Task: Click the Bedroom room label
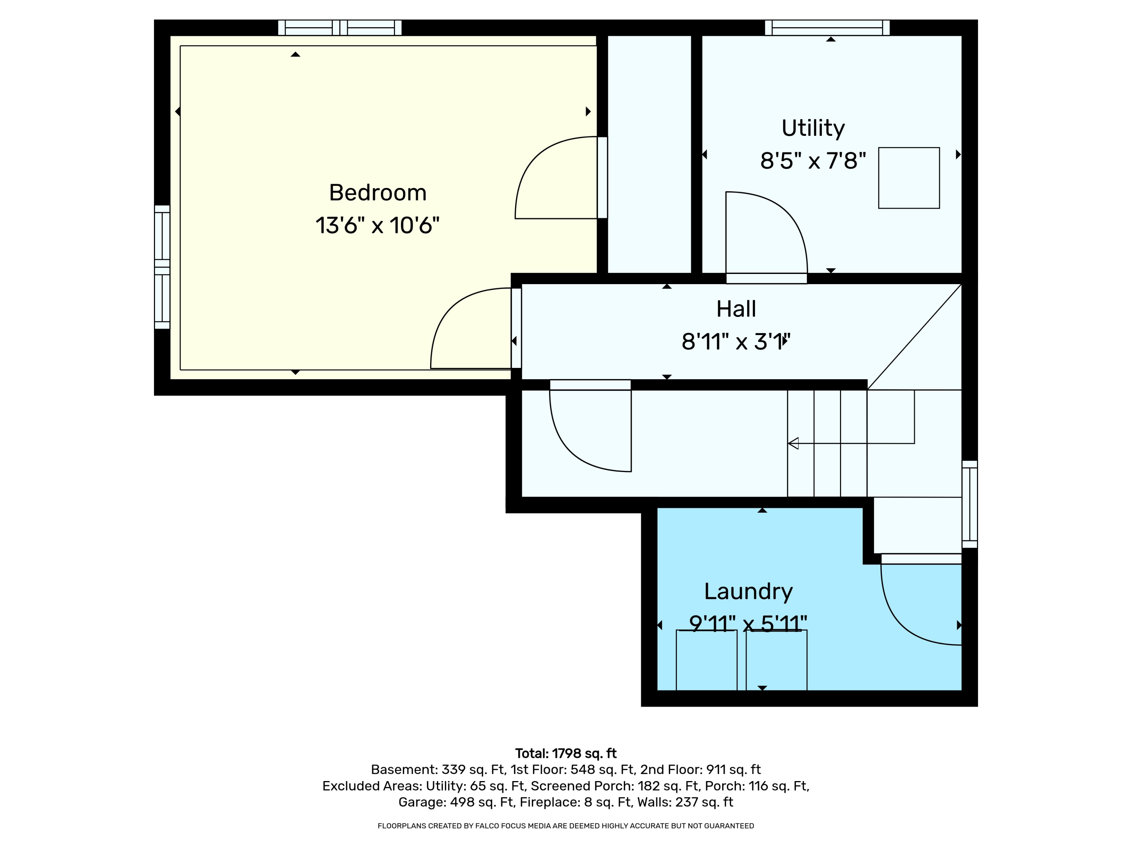(x=378, y=193)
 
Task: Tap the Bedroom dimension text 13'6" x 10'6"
(x=378, y=225)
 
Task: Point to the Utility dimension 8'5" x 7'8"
(x=813, y=161)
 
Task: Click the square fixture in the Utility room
(x=909, y=178)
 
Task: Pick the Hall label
(x=736, y=309)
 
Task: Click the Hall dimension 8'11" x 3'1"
(x=736, y=341)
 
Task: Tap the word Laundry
(x=748, y=592)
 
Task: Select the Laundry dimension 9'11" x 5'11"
(x=748, y=623)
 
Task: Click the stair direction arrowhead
(x=793, y=443)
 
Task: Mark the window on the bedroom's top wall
(x=340, y=28)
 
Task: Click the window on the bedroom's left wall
(x=162, y=267)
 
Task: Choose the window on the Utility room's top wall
(x=827, y=28)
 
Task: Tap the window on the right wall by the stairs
(x=970, y=504)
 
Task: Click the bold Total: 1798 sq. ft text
(x=566, y=753)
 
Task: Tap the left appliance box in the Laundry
(x=706, y=660)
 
